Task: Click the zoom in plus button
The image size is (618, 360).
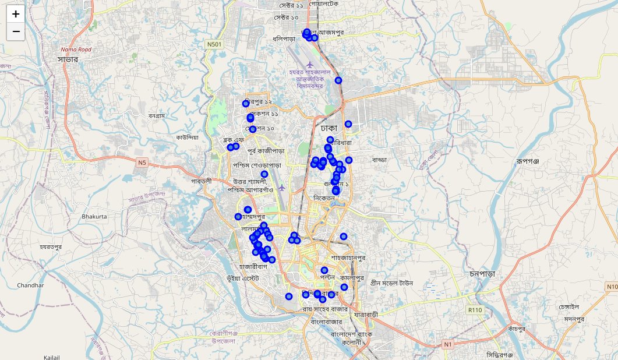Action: [x=16, y=14]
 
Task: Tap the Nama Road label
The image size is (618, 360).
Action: [x=76, y=50]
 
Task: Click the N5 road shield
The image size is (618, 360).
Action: [x=143, y=162]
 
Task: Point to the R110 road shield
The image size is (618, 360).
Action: [x=475, y=310]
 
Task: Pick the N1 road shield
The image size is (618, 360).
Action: [x=448, y=345]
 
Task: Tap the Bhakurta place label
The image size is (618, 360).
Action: [x=94, y=217]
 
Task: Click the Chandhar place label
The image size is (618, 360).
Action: [x=31, y=285]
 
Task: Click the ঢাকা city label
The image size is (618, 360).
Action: [x=329, y=128]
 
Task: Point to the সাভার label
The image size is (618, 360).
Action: [x=68, y=59]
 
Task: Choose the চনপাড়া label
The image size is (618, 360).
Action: [x=482, y=274]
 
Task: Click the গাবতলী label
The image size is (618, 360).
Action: [x=202, y=181]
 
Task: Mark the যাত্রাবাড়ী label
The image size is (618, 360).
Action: [x=365, y=315]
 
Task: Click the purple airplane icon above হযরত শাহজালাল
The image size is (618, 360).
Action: [x=310, y=63]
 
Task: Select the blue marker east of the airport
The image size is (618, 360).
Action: [x=338, y=80]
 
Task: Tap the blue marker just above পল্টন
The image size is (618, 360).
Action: [x=324, y=270]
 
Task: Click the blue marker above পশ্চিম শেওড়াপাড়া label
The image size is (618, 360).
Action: [x=264, y=174]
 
